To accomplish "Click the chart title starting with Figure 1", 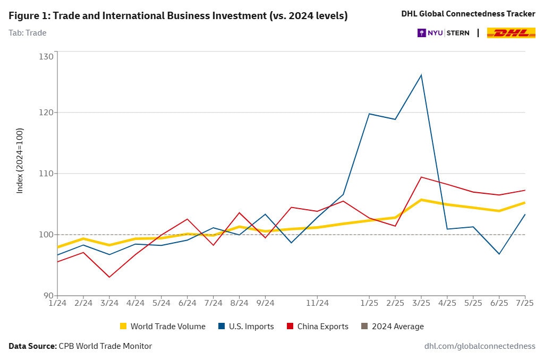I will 178,16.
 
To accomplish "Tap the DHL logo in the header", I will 511,33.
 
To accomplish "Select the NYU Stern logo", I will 444,33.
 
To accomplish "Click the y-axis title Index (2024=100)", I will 20,160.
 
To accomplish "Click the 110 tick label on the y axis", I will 47,174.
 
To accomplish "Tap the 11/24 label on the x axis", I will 317,303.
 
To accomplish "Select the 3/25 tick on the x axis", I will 421,303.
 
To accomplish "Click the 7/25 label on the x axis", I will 524,303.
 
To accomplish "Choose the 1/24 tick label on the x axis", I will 57,303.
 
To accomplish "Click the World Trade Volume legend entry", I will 163,327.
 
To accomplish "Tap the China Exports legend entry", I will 317,327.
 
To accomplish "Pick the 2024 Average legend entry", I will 392,327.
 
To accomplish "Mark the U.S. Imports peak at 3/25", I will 421,75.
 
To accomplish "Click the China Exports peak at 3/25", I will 421,177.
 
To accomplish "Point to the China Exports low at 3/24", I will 109,277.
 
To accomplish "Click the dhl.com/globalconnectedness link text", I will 480,346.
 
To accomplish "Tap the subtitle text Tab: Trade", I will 28,33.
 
